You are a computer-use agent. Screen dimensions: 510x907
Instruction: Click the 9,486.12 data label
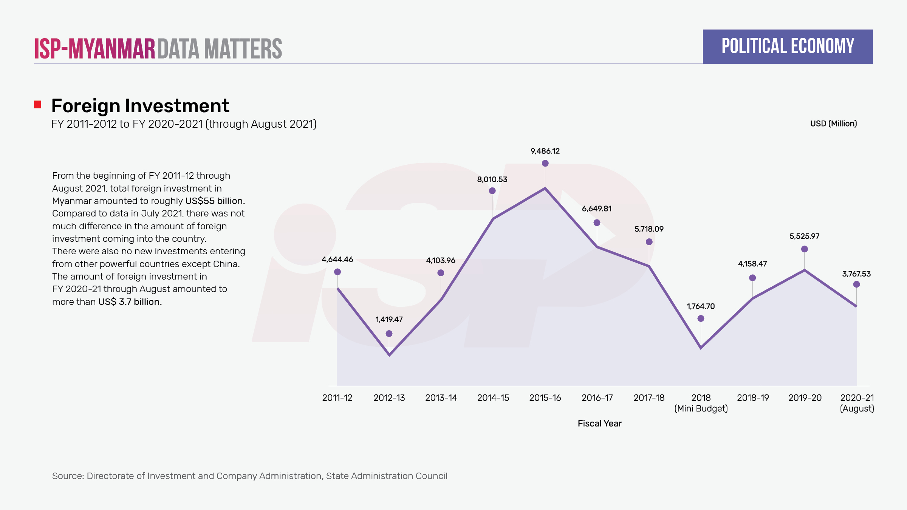tap(545, 151)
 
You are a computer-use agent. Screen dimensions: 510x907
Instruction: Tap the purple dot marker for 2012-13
tap(389, 334)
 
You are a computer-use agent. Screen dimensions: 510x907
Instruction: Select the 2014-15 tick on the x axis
tap(493, 398)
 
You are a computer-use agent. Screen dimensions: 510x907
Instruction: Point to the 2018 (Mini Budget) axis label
tap(701, 403)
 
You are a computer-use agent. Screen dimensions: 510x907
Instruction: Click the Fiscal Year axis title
tap(599, 423)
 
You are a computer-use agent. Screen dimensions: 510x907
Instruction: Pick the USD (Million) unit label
tap(833, 124)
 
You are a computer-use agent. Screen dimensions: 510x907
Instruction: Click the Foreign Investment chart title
tap(140, 106)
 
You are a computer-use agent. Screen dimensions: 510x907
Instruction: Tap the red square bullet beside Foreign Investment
tap(37, 105)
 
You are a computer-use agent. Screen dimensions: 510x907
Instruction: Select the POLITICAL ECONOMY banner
tap(788, 46)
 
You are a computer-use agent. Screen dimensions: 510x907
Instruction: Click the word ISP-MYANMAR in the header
tap(94, 49)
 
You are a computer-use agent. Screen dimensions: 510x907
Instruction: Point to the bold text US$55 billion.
tap(215, 201)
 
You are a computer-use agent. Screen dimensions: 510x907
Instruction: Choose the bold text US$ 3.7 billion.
tap(130, 302)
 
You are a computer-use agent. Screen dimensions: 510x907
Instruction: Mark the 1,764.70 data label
tap(700, 306)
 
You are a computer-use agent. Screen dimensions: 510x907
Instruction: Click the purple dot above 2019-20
tap(804, 249)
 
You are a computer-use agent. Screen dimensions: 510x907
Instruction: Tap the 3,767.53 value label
tap(856, 274)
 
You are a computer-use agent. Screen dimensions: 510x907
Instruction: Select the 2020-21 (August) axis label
tap(857, 403)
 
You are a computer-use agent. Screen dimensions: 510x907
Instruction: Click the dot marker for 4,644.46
tap(337, 272)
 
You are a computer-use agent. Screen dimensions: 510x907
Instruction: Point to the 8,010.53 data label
tap(492, 179)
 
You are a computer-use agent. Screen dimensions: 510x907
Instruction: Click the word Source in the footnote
tap(68, 476)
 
